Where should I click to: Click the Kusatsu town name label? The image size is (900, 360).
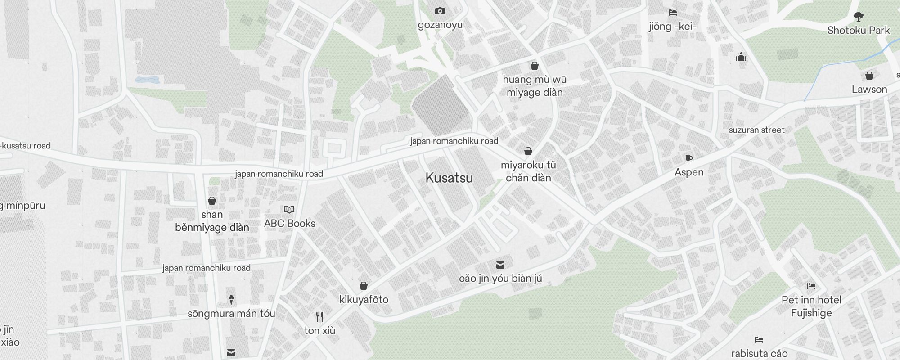[449, 178]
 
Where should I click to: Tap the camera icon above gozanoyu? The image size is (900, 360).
[440, 11]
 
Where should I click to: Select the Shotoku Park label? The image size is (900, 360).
[859, 30]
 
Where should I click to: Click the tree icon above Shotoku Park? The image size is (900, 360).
[859, 17]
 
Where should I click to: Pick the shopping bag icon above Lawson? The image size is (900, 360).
[869, 76]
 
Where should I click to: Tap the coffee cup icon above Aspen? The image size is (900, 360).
[688, 158]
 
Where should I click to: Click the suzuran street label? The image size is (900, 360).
[756, 130]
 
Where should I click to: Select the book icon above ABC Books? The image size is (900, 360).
[289, 209]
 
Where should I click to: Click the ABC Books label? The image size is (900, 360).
[289, 223]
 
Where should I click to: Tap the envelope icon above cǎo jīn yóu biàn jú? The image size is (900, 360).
[500, 265]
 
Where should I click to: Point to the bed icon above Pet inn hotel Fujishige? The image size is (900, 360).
[811, 286]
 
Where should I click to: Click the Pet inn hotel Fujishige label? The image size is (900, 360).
[811, 306]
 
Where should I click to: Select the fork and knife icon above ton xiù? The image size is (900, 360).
[319, 317]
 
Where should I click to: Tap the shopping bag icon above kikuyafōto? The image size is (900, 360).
[364, 286]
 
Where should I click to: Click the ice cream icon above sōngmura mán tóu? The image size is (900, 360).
[231, 299]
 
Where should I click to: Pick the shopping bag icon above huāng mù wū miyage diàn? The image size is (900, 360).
[535, 66]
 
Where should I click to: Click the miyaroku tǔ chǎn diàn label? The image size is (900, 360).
[528, 171]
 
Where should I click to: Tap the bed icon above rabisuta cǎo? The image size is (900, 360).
[759, 340]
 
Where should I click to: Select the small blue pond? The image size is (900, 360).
[147, 80]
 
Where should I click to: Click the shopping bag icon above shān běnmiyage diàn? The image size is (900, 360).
[212, 201]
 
